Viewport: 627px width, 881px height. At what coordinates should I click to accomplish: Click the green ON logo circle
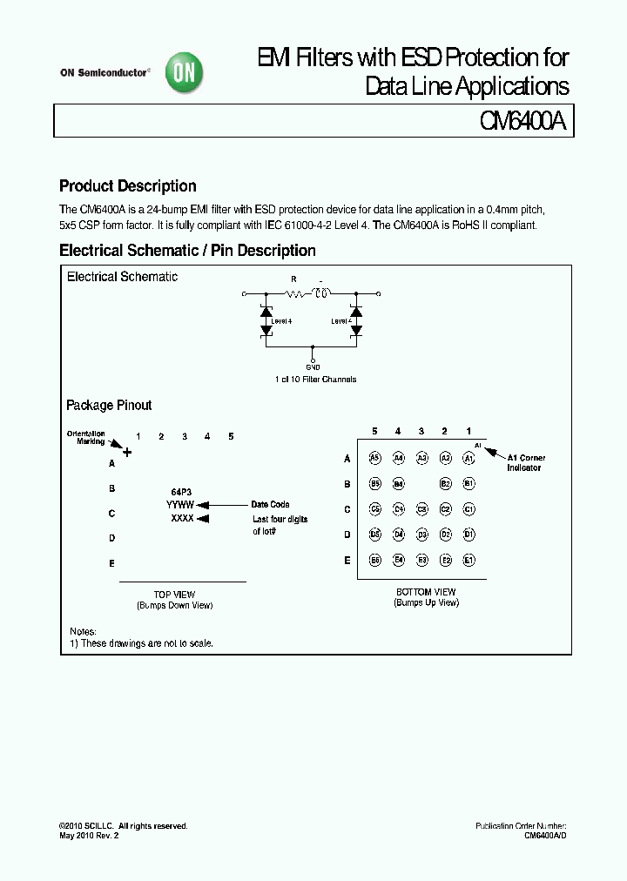tap(186, 74)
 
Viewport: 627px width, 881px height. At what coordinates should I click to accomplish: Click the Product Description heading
tap(127, 186)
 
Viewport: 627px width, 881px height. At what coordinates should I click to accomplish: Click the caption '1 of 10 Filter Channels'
tap(314, 380)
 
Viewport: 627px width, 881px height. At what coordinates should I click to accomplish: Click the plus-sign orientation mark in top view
tap(127, 452)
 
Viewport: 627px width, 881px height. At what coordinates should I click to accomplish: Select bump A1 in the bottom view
tap(469, 458)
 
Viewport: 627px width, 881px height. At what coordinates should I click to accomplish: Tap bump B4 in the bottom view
tap(398, 483)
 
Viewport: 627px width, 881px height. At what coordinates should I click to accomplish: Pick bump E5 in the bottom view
tap(374, 561)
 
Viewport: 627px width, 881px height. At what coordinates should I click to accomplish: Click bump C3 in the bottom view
tap(421, 509)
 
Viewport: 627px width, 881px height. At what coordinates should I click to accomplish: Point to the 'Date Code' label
tap(270, 504)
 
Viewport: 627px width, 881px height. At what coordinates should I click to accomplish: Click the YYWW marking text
tap(180, 504)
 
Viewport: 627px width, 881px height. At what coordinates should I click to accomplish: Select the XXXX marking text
tap(182, 518)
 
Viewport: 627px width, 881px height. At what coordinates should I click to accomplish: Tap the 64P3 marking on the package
tap(181, 491)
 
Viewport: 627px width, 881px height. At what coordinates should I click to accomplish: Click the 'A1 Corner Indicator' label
tap(526, 462)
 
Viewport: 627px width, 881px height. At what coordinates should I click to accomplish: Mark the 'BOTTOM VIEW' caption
tap(426, 592)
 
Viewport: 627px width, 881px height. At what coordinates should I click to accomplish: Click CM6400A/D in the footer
tap(545, 835)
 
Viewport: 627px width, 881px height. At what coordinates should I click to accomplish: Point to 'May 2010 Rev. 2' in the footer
tap(89, 835)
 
